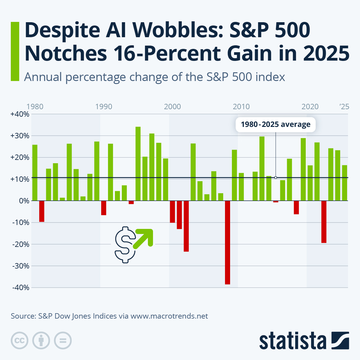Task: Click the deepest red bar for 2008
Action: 227,242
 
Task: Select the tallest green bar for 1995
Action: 138,163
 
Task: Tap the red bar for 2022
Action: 324,222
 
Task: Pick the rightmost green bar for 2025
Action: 344,183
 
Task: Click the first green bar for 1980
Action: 35,172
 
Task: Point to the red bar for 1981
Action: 42,211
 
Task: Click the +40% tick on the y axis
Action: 19,114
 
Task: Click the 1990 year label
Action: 104,107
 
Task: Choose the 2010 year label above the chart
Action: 241,107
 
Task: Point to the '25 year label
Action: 344,107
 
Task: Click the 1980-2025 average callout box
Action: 275,124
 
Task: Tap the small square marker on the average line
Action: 275,178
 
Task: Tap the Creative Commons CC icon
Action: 19,340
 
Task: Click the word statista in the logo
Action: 293,341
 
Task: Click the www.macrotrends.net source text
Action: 169,316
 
